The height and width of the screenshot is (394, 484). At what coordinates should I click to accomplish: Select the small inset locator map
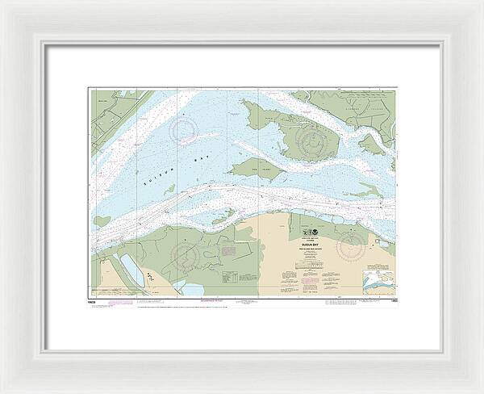(x=378, y=283)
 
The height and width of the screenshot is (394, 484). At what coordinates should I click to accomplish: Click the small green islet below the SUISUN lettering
(x=170, y=188)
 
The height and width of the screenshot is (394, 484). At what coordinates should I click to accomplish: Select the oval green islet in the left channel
(x=102, y=220)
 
